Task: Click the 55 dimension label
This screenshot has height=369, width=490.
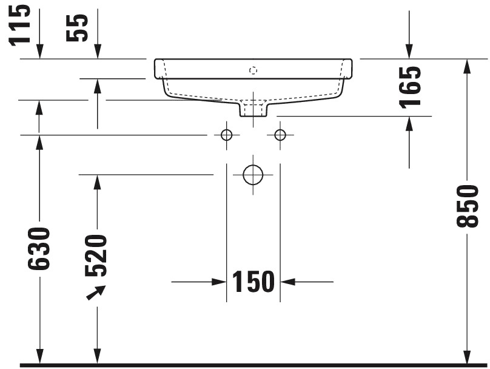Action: (x=77, y=28)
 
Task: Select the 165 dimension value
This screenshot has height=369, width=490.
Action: (x=411, y=87)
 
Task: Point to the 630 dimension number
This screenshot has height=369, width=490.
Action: (x=39, y=249)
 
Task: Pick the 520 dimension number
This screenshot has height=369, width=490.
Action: (x=96, y=256)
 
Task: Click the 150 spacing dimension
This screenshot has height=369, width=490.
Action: (x=253, y=282)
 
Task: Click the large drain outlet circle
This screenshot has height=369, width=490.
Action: (x=253, y=175)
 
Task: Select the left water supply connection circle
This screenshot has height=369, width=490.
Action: (x=227, y=135)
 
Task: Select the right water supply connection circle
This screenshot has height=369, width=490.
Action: (x=280, y=135)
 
